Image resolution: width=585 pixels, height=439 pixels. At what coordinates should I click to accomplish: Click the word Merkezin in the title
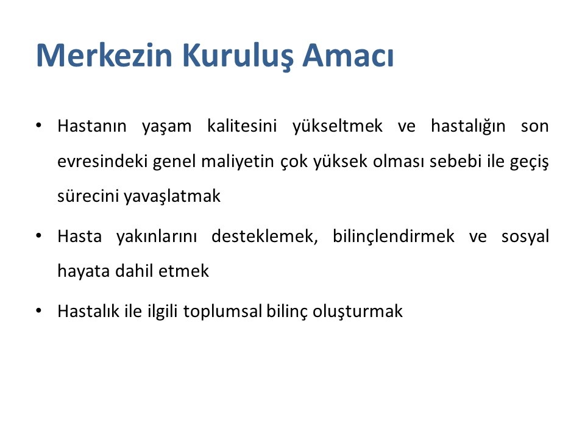(x=104, y=55)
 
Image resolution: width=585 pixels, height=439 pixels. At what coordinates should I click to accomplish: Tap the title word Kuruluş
(x=237, y=56)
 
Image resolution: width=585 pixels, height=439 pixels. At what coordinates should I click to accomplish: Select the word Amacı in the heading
(x=348, y=55)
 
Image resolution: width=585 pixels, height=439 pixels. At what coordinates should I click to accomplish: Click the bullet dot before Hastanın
(x=38, y=126)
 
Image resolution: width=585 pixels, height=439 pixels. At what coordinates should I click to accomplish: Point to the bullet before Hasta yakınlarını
(x=38, y=236)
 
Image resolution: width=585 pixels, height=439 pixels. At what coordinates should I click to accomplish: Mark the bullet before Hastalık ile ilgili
(x=38, y=310)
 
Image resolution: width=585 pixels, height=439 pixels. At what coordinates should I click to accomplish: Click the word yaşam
(x=166, y=127)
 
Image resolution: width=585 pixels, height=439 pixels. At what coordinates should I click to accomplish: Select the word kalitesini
(x=242, y=126)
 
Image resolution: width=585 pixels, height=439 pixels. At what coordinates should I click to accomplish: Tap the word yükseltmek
(x=338, y=127)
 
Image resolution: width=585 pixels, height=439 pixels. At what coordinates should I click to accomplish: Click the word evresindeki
(x=102, y=161)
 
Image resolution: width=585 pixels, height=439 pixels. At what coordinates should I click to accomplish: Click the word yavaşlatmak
(x=172, y=197)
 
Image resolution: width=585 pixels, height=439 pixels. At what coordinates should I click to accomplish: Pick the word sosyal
(x=525, y=237)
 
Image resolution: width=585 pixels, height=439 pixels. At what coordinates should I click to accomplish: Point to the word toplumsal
(x=223, y=312)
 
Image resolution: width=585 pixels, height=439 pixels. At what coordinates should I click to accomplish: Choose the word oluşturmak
(x=358, y=312)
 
